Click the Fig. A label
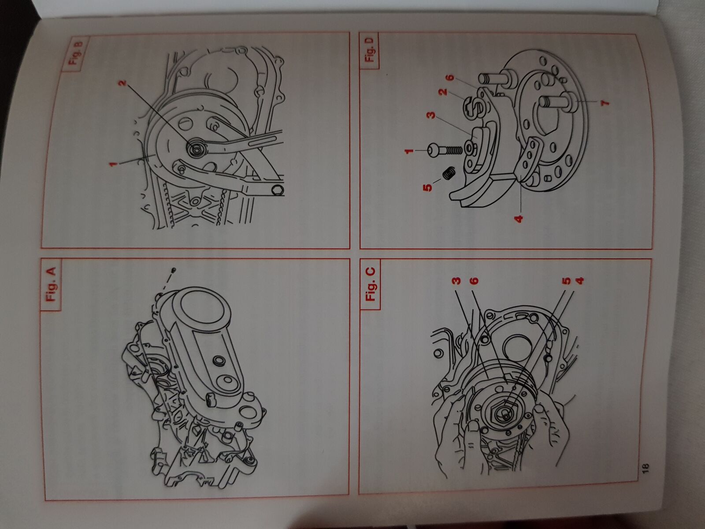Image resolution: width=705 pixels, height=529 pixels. tap(51, 284)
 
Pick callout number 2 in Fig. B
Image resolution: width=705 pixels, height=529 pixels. tap(122, 83)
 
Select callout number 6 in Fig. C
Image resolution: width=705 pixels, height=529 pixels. tap(474, 281)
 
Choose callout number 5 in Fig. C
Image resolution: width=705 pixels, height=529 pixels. tap(567, 281)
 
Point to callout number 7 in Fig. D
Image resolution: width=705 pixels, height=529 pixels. tap(605, 103)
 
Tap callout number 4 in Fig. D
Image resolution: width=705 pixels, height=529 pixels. tap(518, 219)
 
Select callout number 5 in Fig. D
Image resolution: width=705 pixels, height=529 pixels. tap(428, 187)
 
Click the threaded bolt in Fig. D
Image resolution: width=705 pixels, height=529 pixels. tap(444, 150)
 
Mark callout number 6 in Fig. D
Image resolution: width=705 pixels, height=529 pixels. tap(450, 78)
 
